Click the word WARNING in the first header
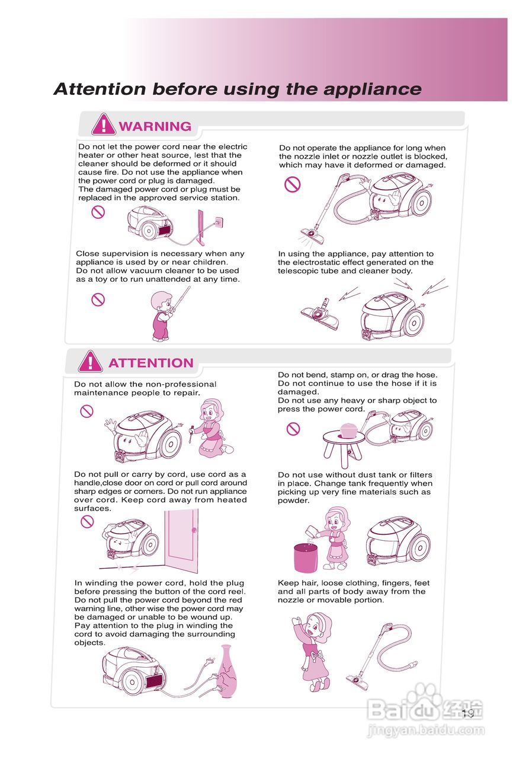155,126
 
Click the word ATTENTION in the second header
151,363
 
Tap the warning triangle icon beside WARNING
103,125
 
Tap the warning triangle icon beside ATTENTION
91,361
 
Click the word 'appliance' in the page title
373,90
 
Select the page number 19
467,713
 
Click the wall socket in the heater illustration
219,222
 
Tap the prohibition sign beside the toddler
98,299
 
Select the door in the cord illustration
181,541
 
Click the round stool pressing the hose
344,448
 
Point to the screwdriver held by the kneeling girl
191,433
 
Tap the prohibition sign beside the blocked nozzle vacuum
292,184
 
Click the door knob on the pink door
194,530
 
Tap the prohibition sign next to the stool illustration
293,429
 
